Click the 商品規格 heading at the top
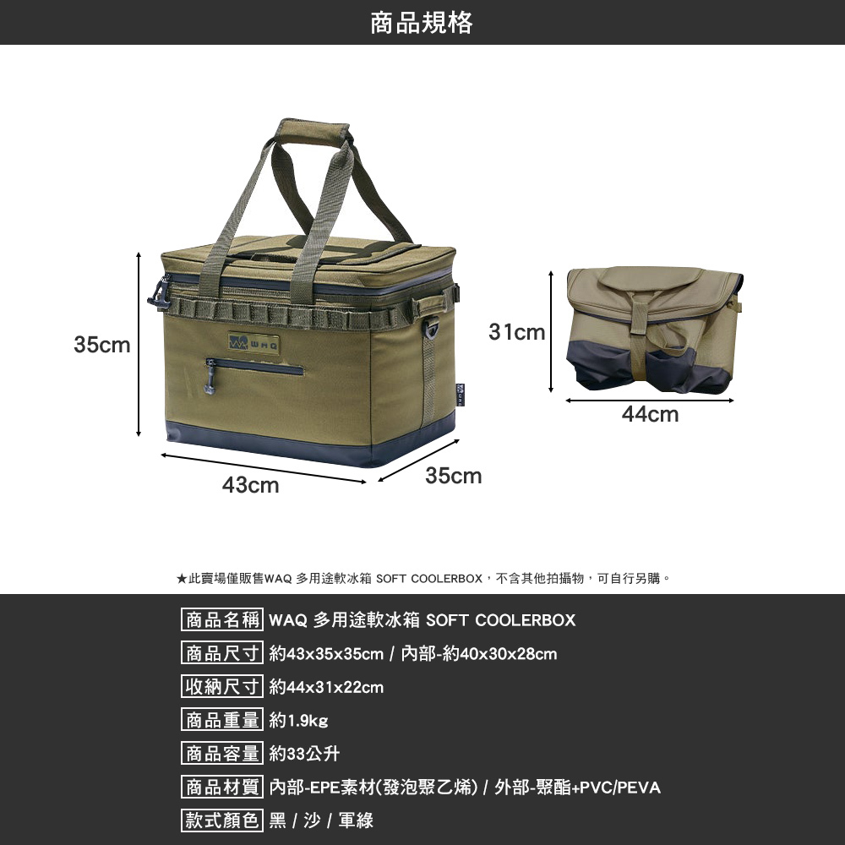422,23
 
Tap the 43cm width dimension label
250,486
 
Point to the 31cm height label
517,332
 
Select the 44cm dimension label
650,414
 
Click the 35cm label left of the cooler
102,345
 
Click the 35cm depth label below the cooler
454,477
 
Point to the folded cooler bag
651,330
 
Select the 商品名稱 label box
223,620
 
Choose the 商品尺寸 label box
223,654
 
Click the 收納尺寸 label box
223,687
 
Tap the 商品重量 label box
223,721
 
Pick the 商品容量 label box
223,754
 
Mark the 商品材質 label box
223,788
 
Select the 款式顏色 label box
223,820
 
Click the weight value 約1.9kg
298,721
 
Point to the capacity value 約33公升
304,754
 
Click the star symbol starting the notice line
181,579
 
